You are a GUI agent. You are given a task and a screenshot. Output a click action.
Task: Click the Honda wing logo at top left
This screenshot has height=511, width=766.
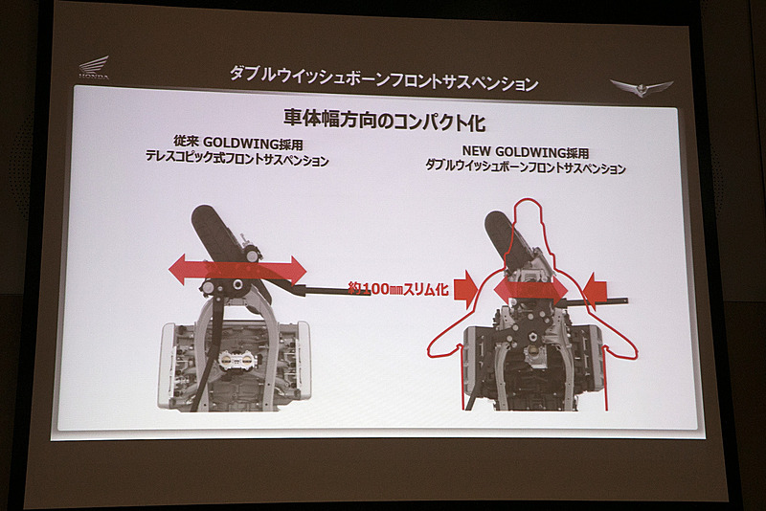pos(94,68)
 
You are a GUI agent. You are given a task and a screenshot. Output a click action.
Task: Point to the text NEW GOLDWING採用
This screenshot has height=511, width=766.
pos(525,151)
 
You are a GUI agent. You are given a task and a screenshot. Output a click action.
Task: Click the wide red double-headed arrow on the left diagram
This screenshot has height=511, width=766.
pos(237,269)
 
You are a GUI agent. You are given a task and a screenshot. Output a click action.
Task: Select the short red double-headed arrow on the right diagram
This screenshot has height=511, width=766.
pos(529,289)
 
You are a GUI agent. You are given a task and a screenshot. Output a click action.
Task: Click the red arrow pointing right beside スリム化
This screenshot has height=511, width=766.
pos(464,289)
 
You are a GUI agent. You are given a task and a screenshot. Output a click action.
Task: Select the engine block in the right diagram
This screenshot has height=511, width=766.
pos(532,364)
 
